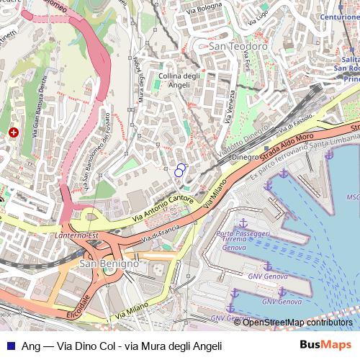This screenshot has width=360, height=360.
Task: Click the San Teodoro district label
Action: pyautogui.click(x=238, y=46)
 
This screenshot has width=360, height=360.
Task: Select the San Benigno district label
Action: pyautogui.click(x=108, y=264)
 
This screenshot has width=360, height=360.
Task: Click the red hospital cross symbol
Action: pyautogui.click(x=14, y=132)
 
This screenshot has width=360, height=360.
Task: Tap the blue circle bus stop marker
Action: pyautogui.click(x=179, y=171)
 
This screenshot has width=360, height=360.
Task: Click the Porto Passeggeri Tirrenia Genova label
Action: pyautogui.click(x=243, y=240)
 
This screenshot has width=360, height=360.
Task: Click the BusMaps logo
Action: pyautogui.click(x=325, y=345)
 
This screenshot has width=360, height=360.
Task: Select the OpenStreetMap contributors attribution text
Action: pyautogui.click(x=298, y=322)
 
